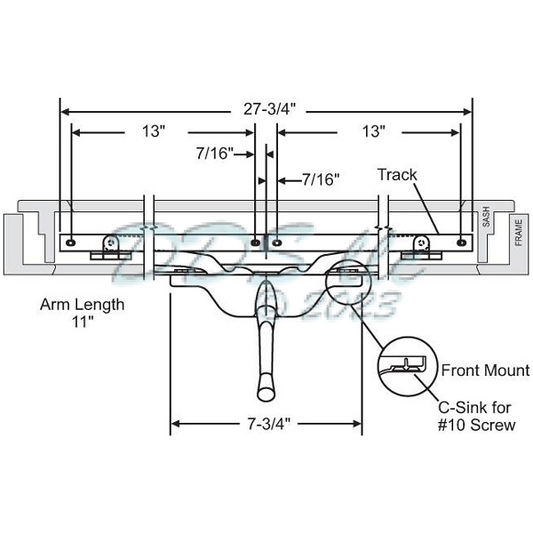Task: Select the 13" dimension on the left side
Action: pos(153,131)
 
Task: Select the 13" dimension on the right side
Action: pos(374,131)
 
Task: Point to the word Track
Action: pos(396,175)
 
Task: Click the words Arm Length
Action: pos(82,304)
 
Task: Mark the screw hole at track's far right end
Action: pos(459,241)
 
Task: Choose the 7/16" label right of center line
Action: pos(321,179)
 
